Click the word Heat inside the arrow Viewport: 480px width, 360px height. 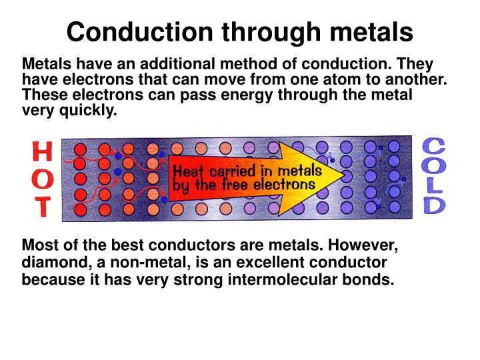(x=189, y=171)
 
